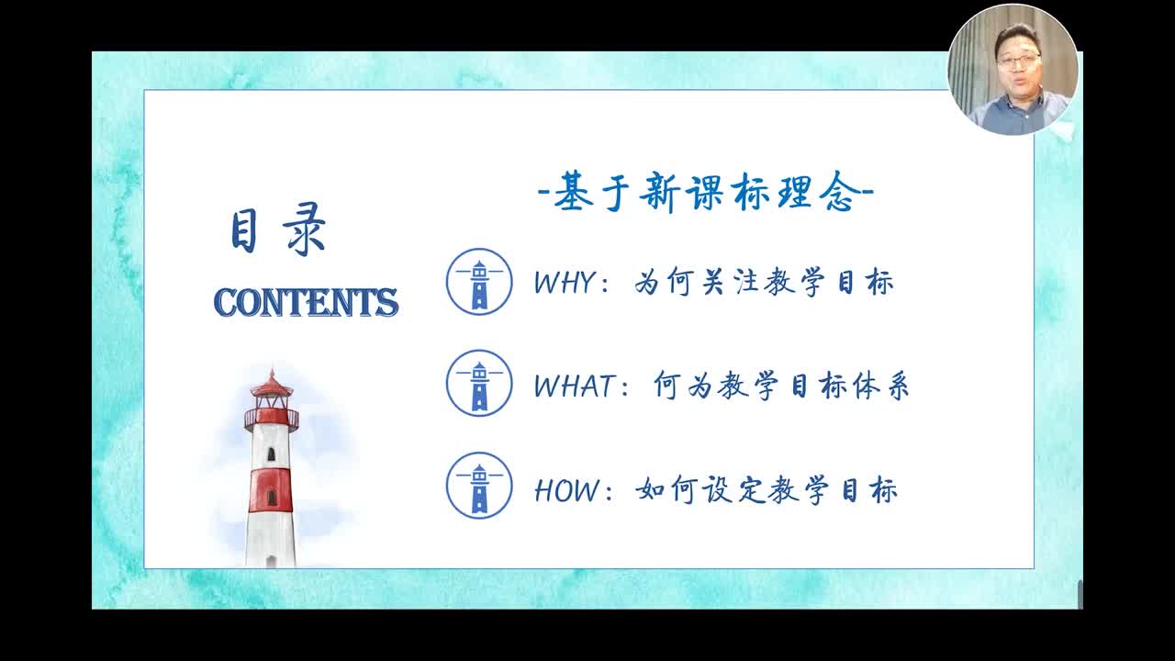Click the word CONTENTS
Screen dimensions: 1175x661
(307, 302)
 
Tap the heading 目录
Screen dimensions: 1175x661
(278, 230)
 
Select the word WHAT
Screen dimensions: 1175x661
(575, 386)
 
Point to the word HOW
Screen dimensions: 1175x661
(566, 490)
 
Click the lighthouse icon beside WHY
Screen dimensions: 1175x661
(479, 282)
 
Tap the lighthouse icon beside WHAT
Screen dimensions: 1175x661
(479, 384)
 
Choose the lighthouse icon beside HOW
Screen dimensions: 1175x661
(479, 486)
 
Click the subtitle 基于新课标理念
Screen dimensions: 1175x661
(706, 192)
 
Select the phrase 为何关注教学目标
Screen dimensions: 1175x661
(764, 282)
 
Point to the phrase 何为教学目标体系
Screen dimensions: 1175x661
(781, 386)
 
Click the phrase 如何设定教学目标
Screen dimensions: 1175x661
(767, 490)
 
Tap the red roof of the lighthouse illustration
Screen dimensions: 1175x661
(271, 385)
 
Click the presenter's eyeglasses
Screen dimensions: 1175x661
(1019, 60)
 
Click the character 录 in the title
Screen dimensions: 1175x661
(305, 230)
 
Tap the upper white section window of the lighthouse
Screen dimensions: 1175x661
(271, 454)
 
